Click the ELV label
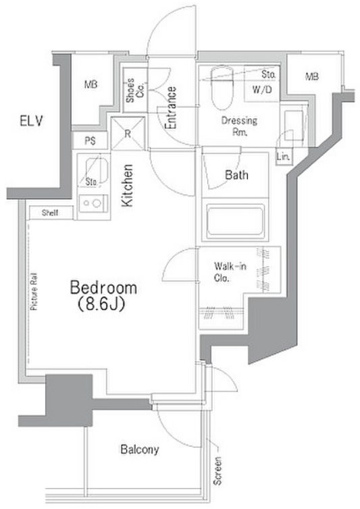tap(31, 121)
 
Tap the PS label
tap(91, 141)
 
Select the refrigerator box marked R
tap(128, 134)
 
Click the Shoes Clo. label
tap(135, 90)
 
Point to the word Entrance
tap(171, 108)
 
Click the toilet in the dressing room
tap(222, 87)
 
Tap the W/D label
tap(262, 89)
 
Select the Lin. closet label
tap(283, 157)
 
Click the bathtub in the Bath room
tap(235, 220)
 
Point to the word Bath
tap(236, 176)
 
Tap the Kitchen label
tap(127, 186)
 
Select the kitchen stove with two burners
tap(93, 204)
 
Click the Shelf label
tap(50, 213)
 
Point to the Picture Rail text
tap(34, 291)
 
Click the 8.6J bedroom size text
tap(102, 305)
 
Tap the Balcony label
tap(140, 450)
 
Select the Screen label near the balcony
tap(217, 471)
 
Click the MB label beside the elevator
tap(91, 84)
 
